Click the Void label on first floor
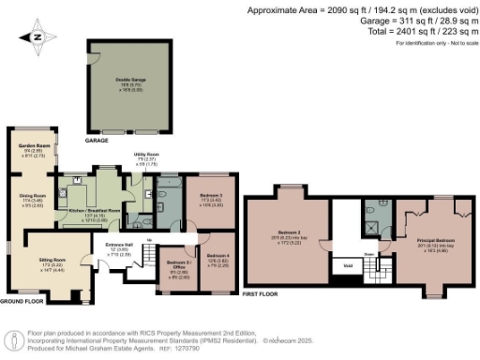[348, 264]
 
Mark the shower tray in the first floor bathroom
[373, 223]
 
